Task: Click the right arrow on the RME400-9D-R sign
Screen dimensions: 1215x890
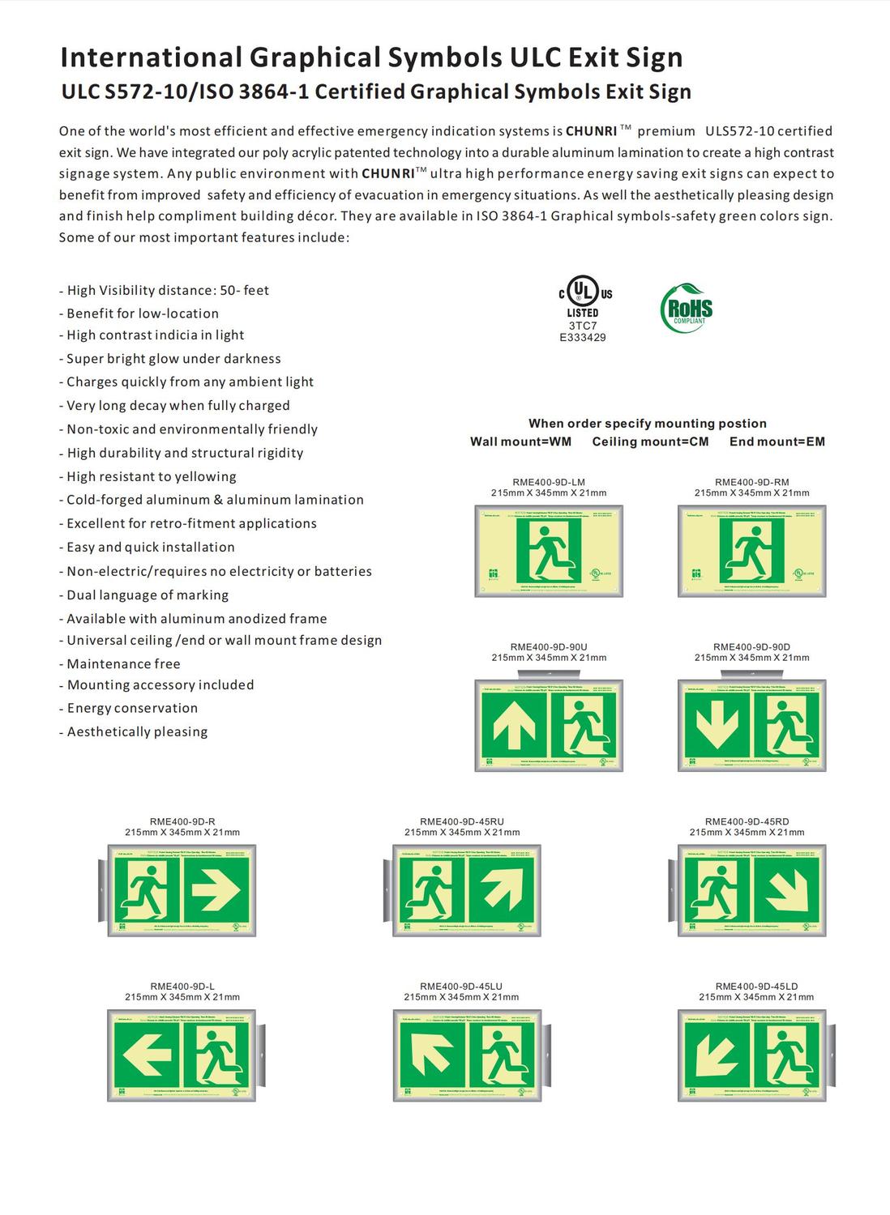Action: pyautogui.click(x=216, y=889)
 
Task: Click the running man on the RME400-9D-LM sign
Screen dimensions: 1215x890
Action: pyautogui.click(x=550, y=550)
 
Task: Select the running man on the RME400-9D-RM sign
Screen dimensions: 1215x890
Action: pyautogui.click(x=751, y=550)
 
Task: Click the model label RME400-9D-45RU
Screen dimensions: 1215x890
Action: pyautogui.click(x=462, y=821)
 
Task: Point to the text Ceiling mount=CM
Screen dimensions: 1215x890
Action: pyautogui.click(x=650, y=441)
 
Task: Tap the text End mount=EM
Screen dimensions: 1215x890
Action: pyautogui.click(x=777, y=441)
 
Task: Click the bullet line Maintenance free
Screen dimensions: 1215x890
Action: pyautogui.click(x=123, y=663)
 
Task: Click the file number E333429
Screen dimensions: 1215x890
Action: pyautogui.click(x=583, y=338)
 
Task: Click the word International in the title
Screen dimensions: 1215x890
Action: pyautogui.click(x=151, y=58)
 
